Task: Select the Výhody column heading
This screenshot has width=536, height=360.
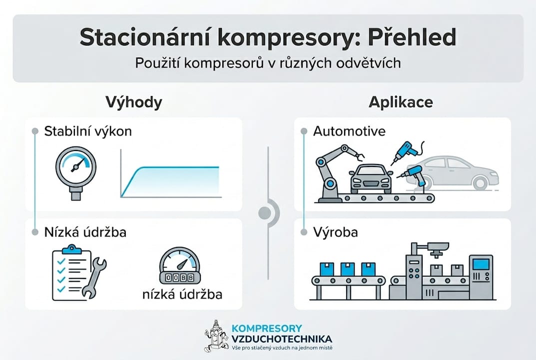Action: (134, 102)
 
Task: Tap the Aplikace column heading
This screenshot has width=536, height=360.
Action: (401, 102)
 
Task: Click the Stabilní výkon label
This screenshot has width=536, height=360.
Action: (88, 131)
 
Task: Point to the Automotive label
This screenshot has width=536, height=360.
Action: (349, 131)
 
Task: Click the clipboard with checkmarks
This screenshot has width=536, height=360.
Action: (70, 272)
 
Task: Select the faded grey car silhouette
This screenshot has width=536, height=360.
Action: (457, 172)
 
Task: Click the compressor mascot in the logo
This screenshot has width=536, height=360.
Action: (215, 335)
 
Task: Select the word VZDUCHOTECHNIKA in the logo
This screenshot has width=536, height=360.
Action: (282, 338)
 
